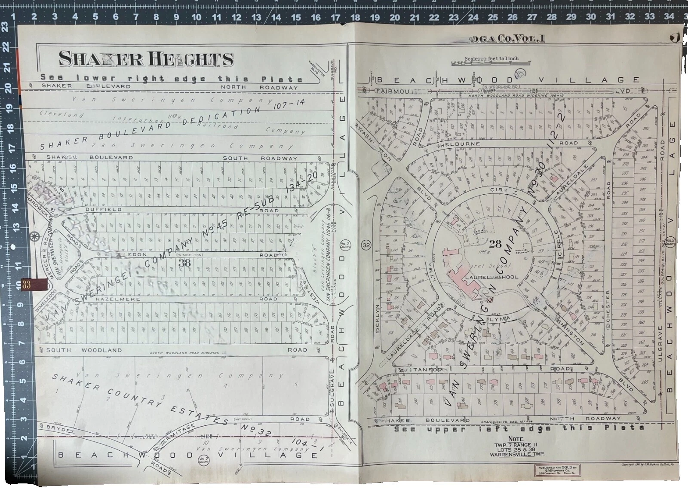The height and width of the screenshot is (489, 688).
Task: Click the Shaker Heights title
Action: [x=146, y=59]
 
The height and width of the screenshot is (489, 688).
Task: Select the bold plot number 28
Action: [x=495, y=244]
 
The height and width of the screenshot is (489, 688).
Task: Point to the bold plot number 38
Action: [x=184, y=263]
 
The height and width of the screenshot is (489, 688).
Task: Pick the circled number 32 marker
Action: [x=366, y=245]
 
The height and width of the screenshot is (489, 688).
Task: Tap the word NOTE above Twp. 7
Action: [x=516, y=439]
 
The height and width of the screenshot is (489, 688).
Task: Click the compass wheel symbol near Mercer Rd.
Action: [x=34, y=236]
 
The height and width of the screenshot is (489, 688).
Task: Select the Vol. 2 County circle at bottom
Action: [x=204, y=459]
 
